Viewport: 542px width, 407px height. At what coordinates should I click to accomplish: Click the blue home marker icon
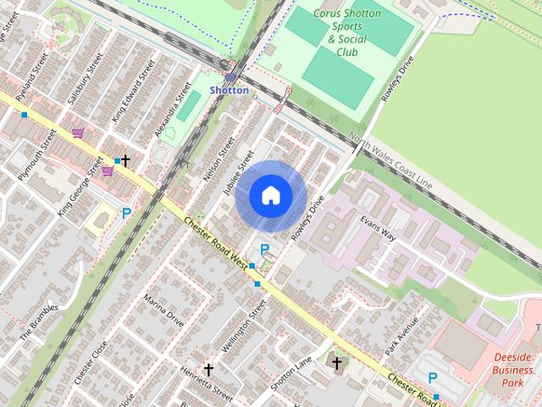pos(271,196)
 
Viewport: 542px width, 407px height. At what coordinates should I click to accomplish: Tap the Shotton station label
pos(230,90)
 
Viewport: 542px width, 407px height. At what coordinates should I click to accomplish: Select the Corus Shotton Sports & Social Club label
pos(347,32)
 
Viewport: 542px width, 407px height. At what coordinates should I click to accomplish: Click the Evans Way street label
pos(378,229)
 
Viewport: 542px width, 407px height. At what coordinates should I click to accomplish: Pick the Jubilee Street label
pos(239,175)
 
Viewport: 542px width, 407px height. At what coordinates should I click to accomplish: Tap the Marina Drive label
pos(163,311)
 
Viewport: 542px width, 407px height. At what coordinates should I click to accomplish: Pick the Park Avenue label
pos(401,336)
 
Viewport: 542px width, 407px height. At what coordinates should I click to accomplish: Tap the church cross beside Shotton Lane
pos(336,364)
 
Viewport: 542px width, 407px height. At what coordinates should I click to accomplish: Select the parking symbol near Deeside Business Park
pos(433,378)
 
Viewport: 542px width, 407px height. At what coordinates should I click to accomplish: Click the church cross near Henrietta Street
pos(208,371)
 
